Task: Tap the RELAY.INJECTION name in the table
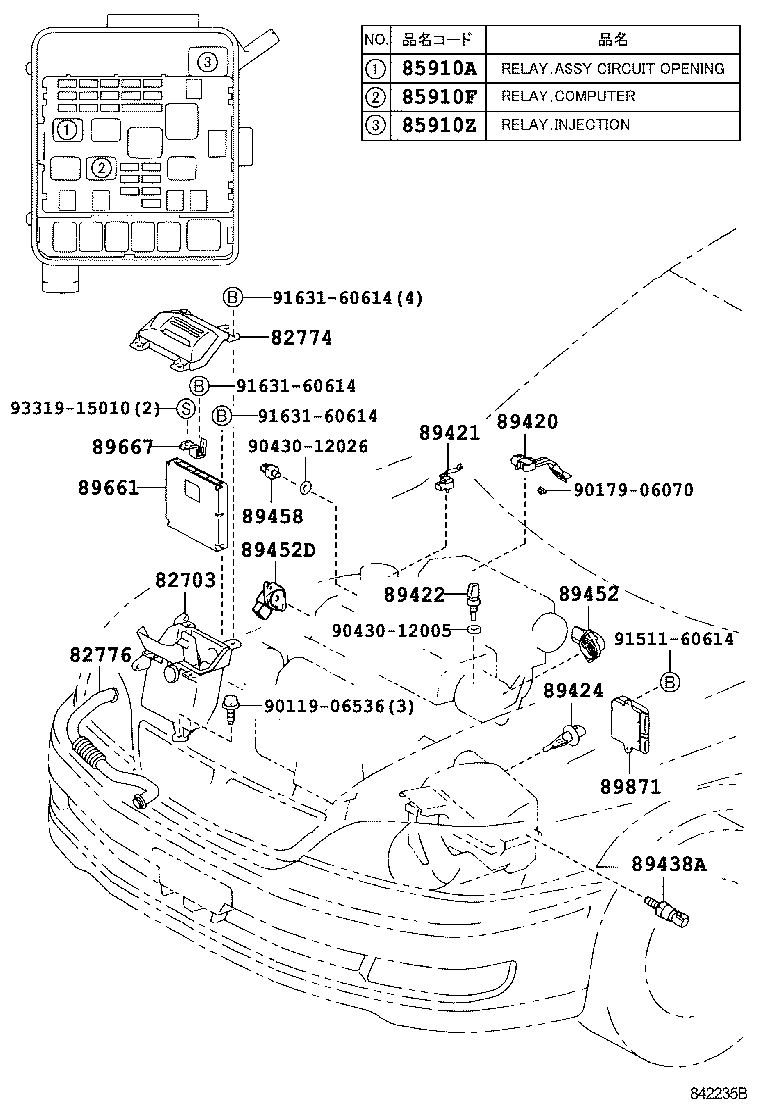point(565,125)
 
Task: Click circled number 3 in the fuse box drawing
point(206,62)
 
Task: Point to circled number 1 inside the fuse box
point(65,129)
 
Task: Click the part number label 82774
point(301,339)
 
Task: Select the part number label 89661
point(108,489)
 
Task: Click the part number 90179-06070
point(633,490)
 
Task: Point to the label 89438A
point(667,864)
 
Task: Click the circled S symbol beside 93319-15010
point(185,408)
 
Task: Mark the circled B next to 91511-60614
point(670,681)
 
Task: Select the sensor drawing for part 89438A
point(669,907)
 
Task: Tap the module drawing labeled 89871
point(634,725)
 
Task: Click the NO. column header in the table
point(374,40)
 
